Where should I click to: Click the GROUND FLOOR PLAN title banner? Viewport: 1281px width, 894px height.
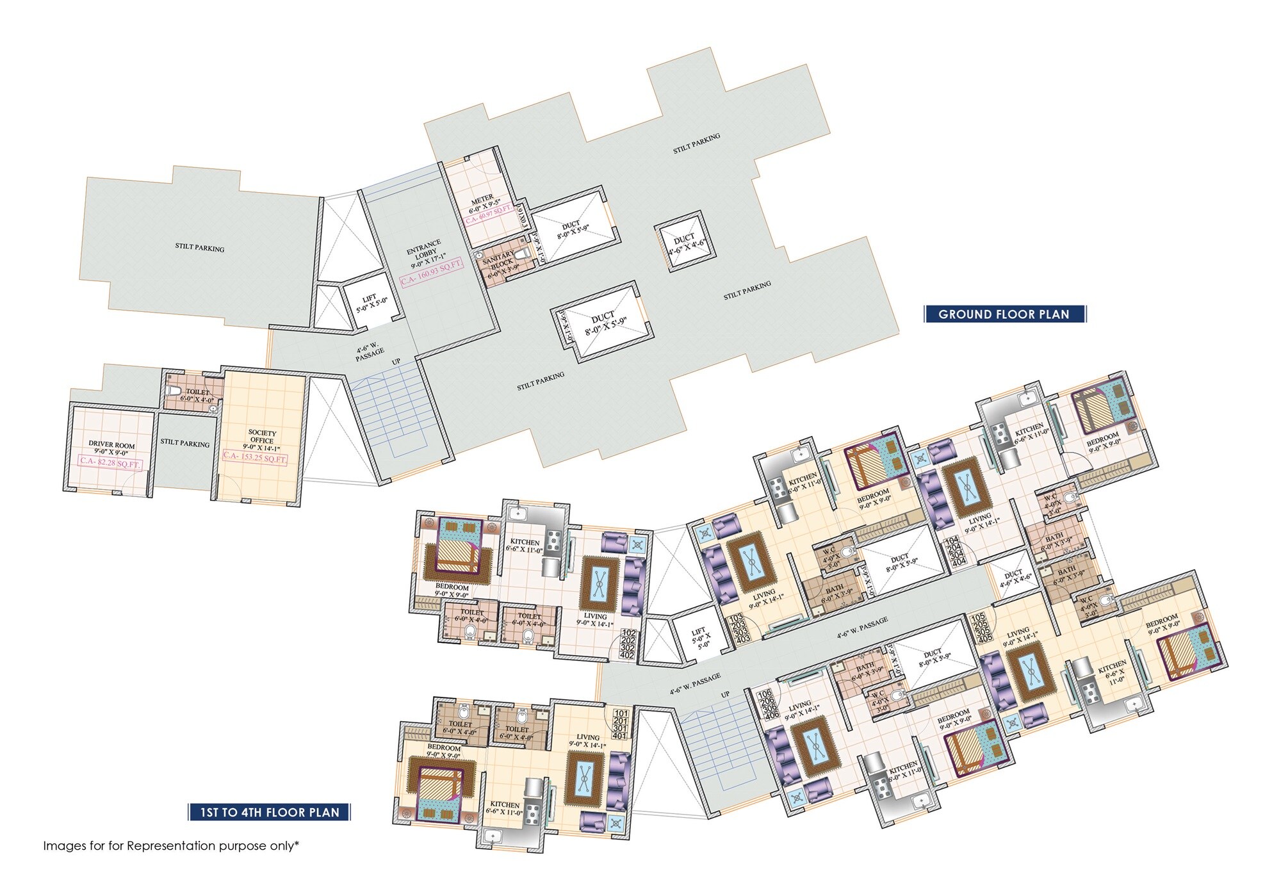1004,314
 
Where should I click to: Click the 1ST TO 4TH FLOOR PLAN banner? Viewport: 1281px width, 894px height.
270,812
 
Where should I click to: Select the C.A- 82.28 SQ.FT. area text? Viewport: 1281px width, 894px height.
110,462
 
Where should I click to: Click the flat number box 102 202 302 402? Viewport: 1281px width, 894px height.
627,643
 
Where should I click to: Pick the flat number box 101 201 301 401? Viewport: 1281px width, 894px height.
620,724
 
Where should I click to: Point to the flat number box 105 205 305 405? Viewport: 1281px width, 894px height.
981,628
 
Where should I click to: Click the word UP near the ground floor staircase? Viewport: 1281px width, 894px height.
396,361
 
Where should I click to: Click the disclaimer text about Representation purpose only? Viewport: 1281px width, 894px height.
171,845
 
